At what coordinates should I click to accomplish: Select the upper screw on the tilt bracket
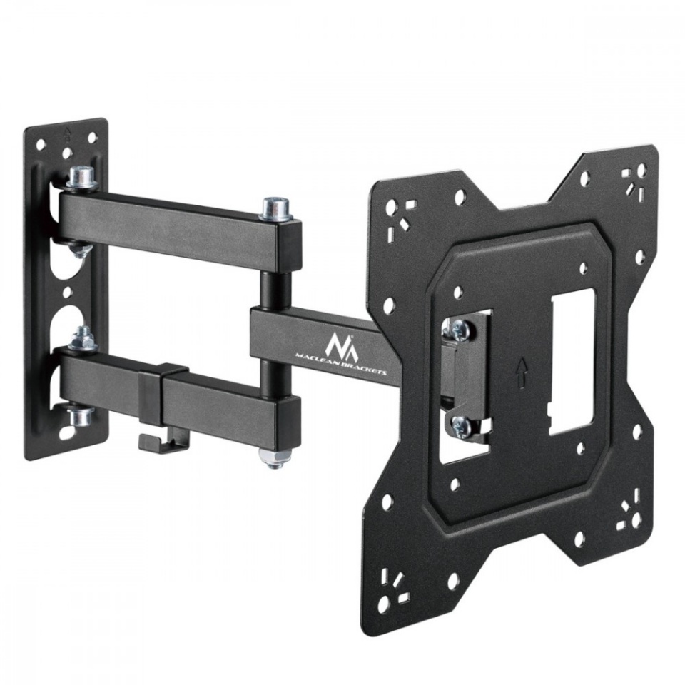pos(457,329)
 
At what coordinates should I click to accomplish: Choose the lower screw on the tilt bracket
pos(460,426)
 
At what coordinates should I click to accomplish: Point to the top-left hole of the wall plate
pos(41,145)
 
